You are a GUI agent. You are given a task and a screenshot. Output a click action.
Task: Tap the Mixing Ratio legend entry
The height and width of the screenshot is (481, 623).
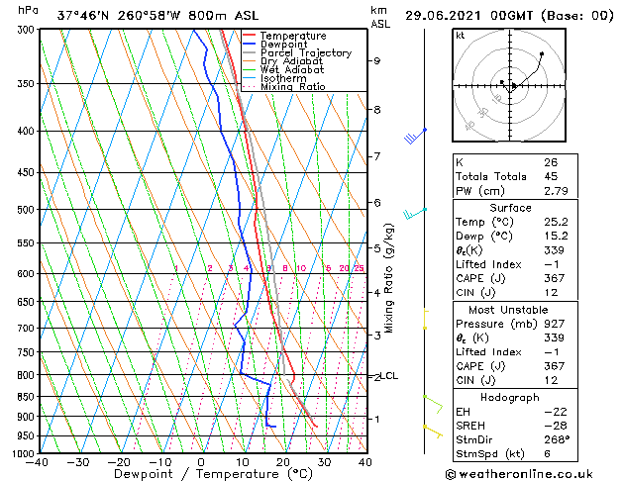tap(292, 87)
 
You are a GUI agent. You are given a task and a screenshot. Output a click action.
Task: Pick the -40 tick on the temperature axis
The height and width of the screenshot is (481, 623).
tap(38, 462)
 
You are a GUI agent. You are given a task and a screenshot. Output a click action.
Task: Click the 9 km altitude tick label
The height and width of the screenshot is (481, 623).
tap(376, 60)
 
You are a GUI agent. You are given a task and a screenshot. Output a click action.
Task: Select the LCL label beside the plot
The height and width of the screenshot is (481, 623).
tap(389, 376)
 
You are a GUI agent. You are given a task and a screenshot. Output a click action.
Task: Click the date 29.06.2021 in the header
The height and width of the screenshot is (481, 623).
tap(444, 16)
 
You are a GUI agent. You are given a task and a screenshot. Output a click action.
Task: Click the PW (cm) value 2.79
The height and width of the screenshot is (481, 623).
tap(556, 191)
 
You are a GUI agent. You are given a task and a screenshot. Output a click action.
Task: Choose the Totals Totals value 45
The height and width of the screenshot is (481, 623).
tap(551, 176)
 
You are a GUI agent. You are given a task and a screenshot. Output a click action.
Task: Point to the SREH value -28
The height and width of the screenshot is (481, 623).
tap(554, 426)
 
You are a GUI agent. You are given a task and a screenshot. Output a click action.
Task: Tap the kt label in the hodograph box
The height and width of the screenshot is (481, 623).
tap(460, 36)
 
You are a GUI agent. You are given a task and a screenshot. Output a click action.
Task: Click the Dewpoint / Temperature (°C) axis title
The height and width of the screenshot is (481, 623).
tap(201, 474)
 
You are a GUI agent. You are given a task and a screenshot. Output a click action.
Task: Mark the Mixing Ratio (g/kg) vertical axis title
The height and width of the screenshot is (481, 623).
tap(389, 277)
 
